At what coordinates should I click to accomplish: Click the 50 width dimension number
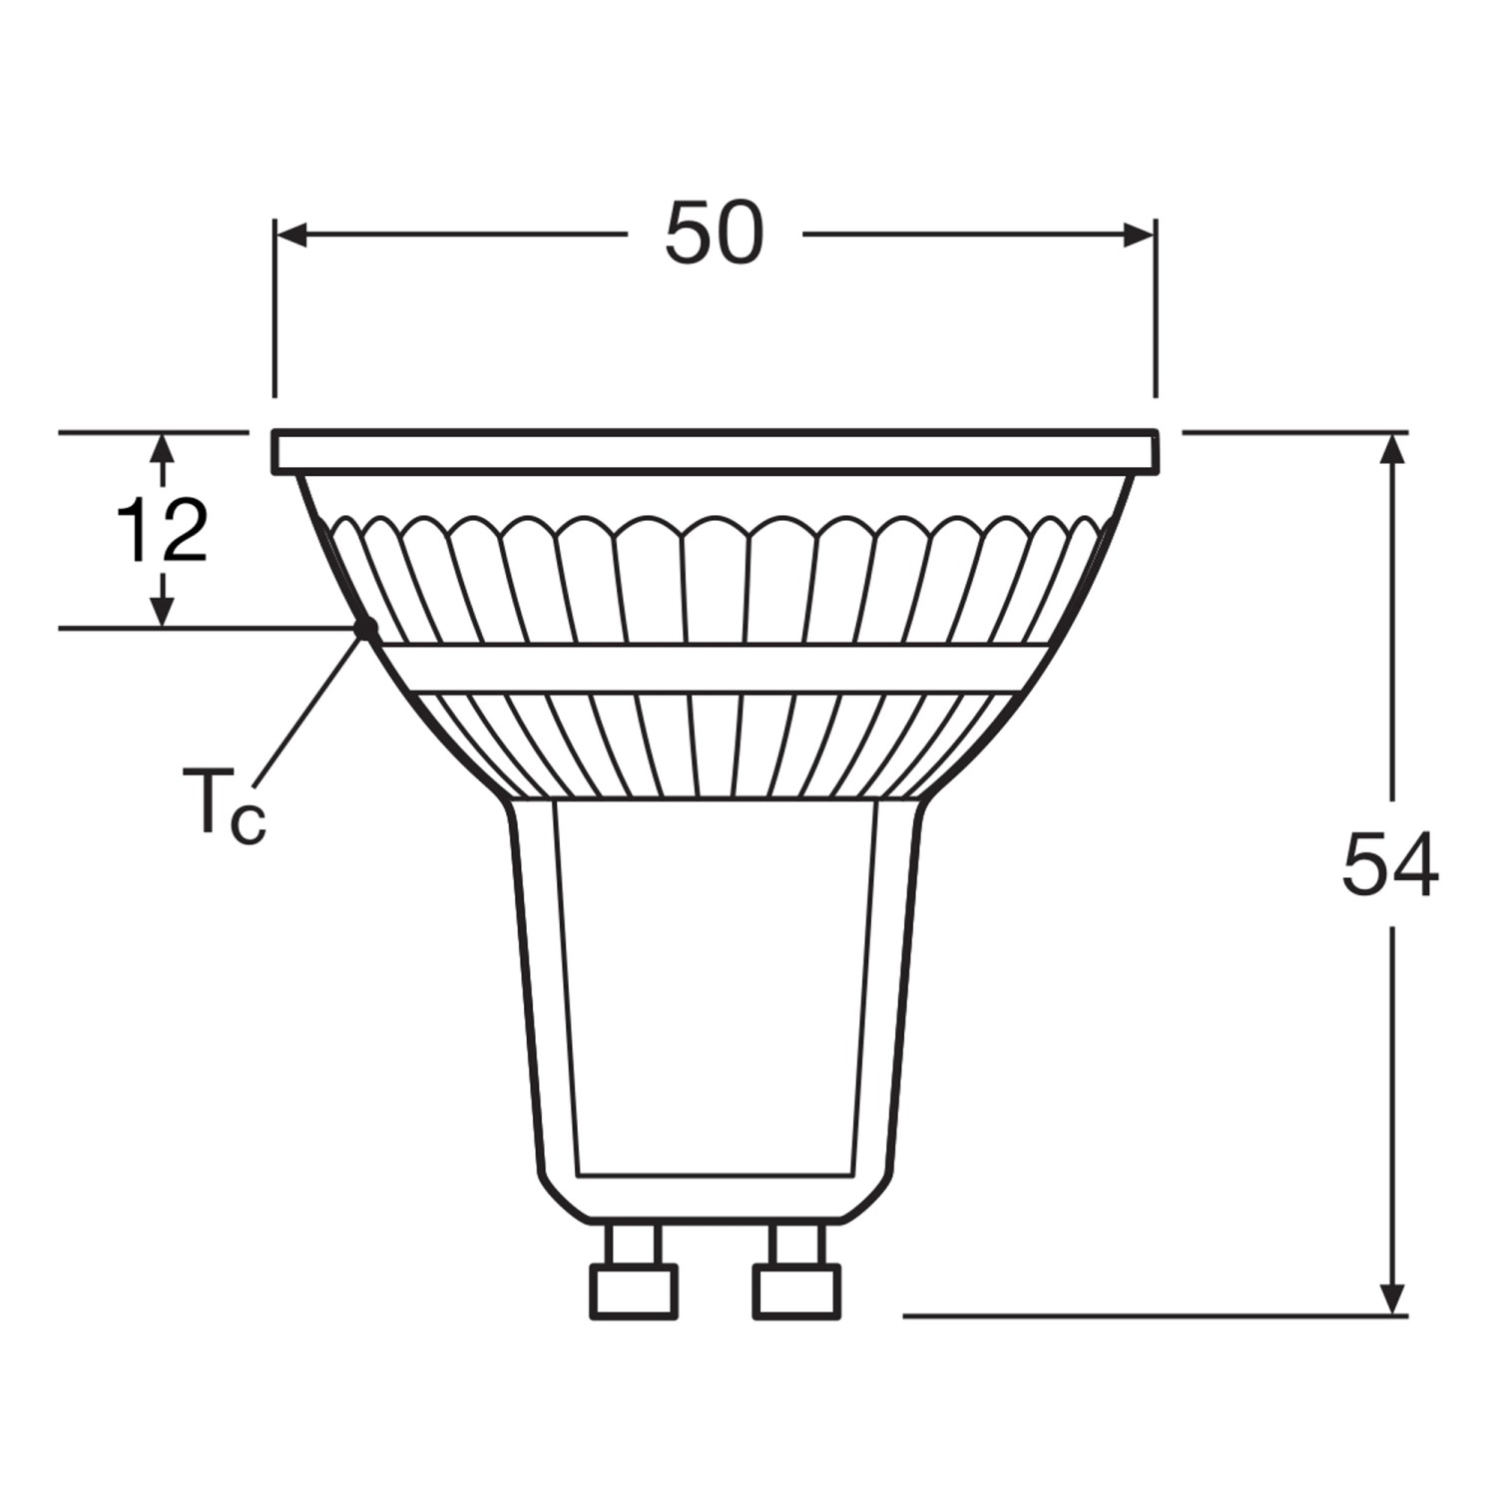[x=715, y=236]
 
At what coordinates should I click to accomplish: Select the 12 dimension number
[x=163, y=531]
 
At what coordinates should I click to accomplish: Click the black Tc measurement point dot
[x=366, y=629]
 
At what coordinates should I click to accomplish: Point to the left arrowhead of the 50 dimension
[x=290, y=236]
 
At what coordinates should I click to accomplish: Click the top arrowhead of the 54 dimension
[x=1393, y=450]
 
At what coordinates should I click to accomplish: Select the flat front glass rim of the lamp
[x=716, y=451]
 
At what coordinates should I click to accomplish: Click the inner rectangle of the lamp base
[x=716, y=988]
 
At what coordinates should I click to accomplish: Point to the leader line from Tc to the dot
[x=309, y=709]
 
